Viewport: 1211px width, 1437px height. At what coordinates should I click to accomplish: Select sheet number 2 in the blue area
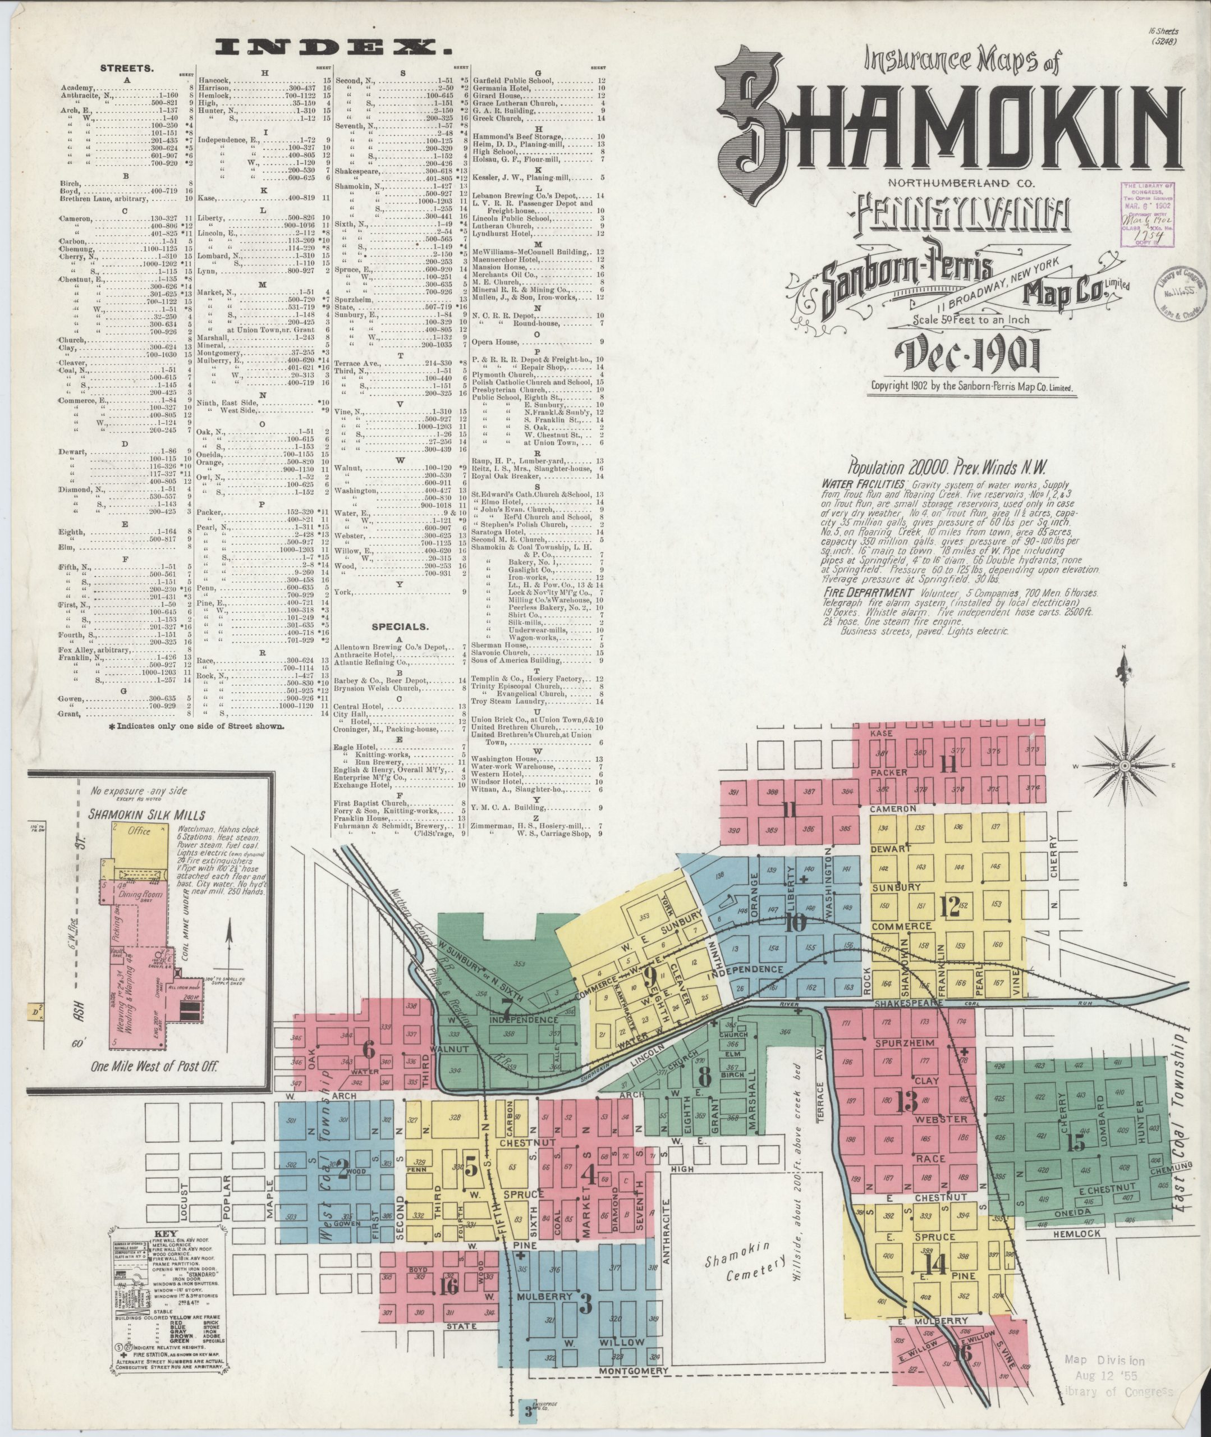click(x=342, y=1165)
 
